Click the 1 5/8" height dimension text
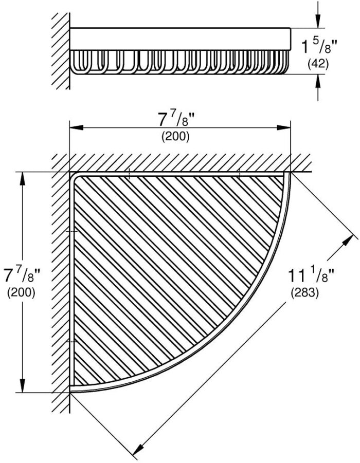tap(319, 47)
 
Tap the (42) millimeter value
tap(318, 64)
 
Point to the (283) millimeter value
tap(305, 293)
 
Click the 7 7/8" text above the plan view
tap(177, 120)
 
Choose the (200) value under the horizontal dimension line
tap(175, 137)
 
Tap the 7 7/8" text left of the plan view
tap(22, 276)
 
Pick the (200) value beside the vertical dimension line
tap(21, 292)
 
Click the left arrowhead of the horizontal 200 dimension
tap(76, 127)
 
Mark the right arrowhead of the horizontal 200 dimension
tap(284, 127)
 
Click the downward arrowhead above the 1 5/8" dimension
tap(318, 21)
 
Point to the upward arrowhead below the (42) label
tap(318, 81)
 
